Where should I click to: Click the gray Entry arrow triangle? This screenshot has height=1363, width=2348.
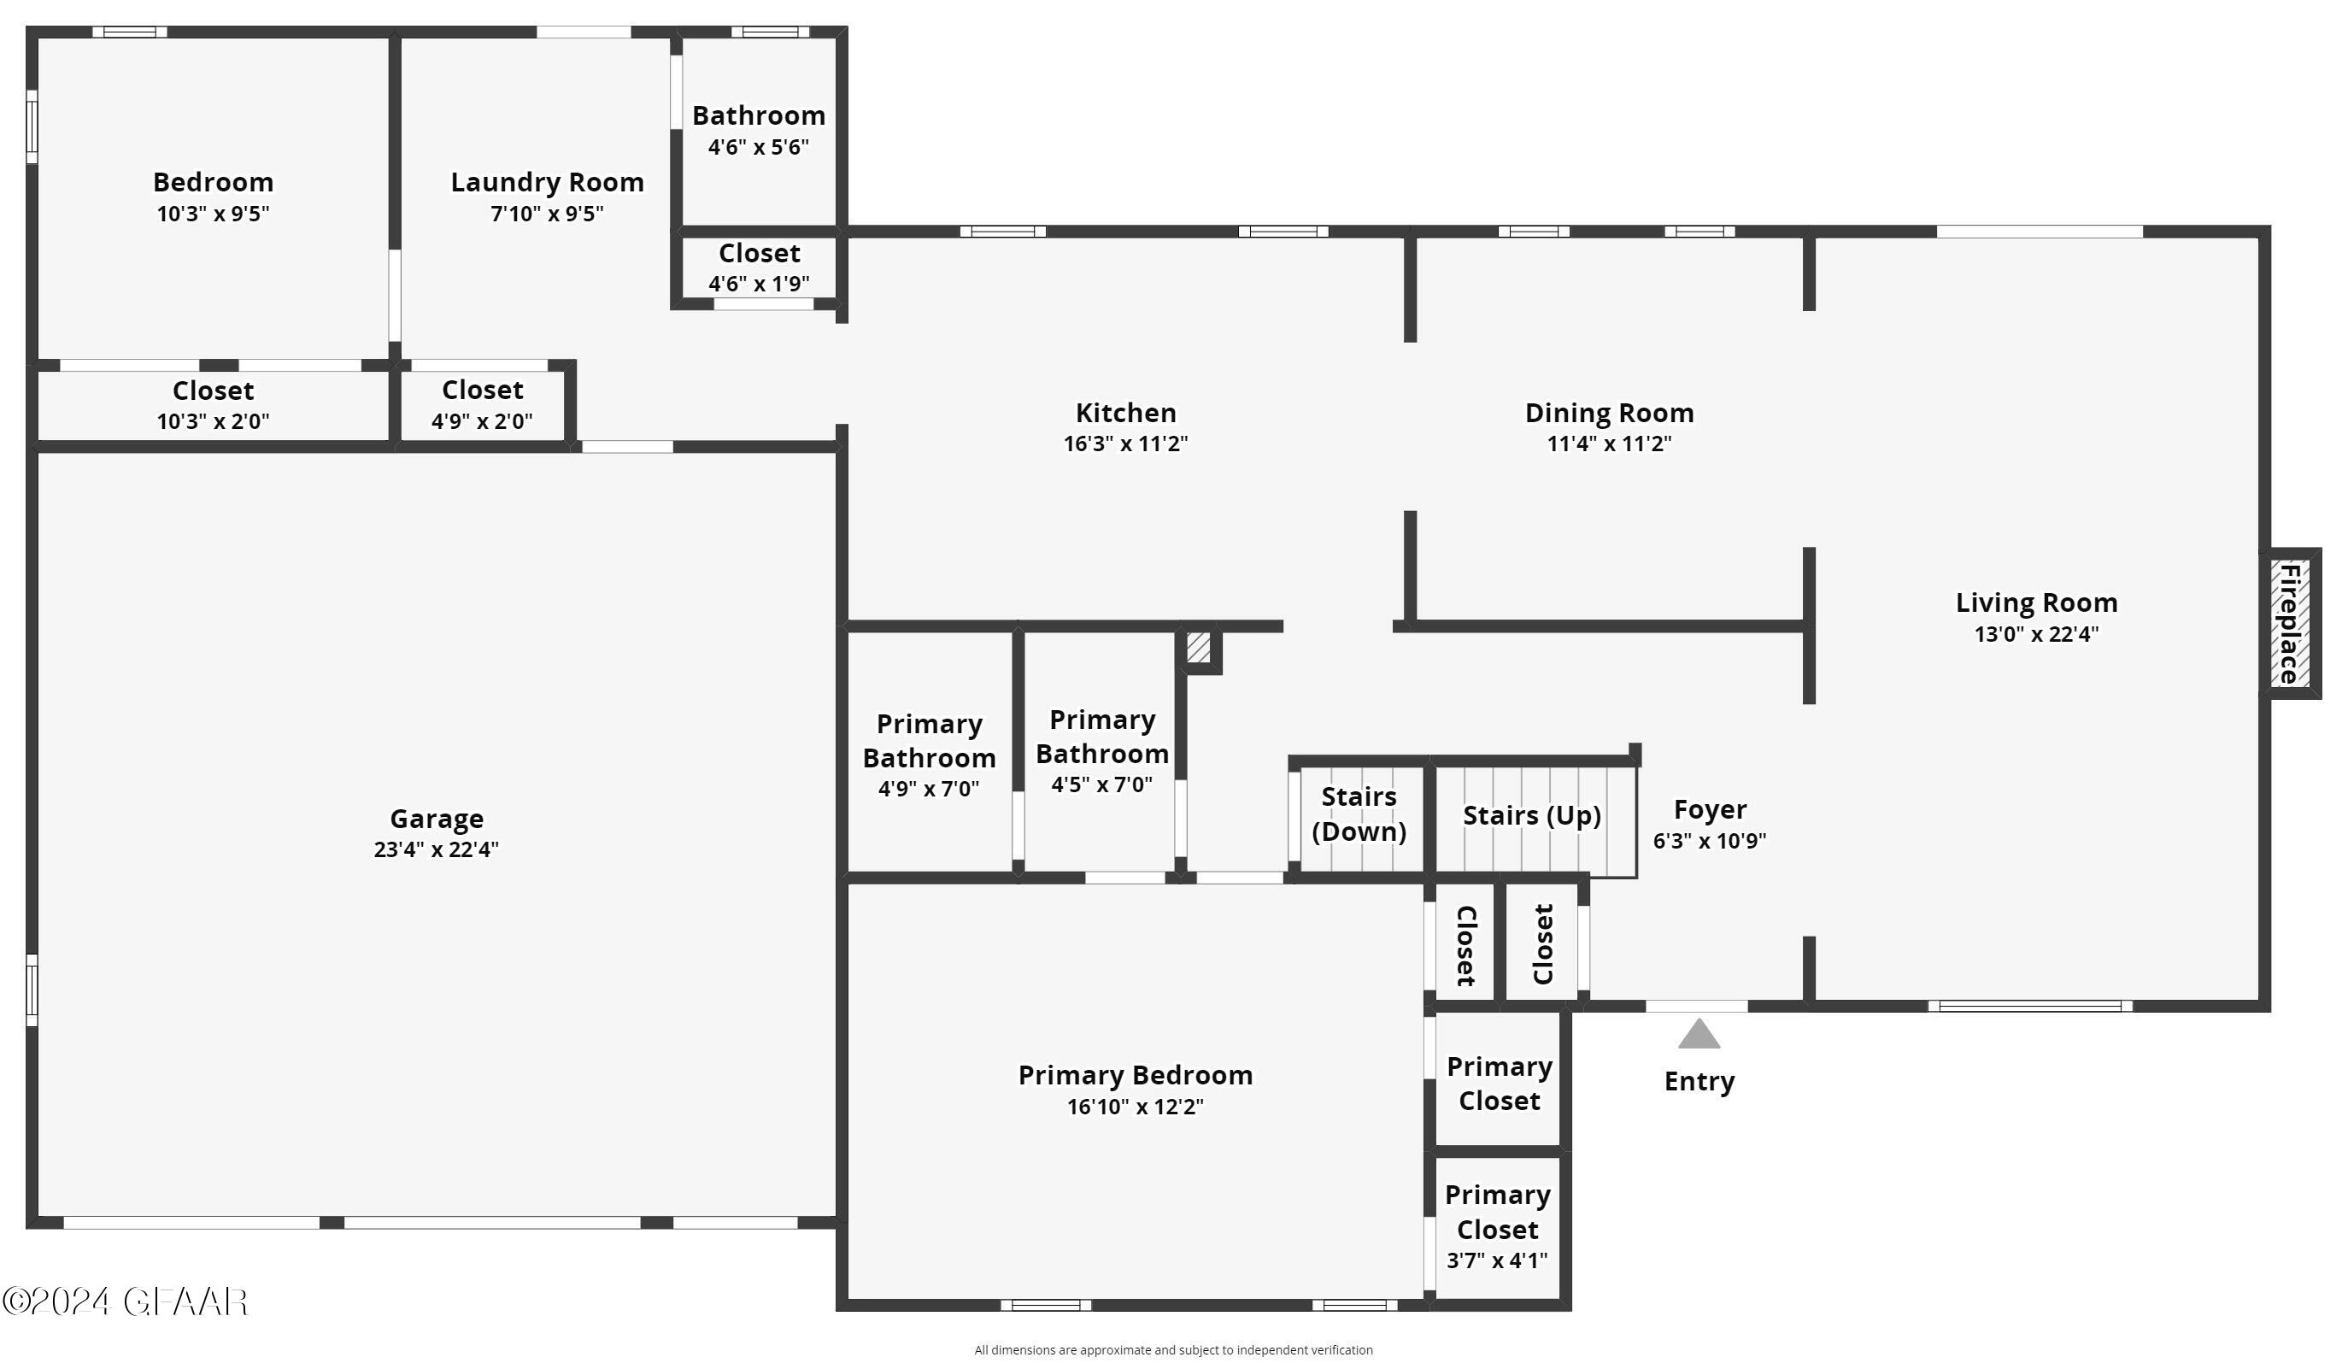click(x=1699, y=1034)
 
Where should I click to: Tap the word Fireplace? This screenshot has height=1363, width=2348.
click(x=2289, y=623)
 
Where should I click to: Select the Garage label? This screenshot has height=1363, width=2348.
click(x=436, y=818)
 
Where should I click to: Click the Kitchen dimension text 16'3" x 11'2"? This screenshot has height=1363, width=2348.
click(x=1125, y=444)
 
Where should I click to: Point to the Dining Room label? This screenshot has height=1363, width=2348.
click(x=1609, y=412)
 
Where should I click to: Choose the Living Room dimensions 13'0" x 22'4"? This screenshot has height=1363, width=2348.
click(x=2036, y=634)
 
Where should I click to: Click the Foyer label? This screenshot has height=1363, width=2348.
click(x=1710, y=808)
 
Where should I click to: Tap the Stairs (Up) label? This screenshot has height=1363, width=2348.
click(x=1532, y=815)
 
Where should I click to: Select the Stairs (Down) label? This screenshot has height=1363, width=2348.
click(x=1359, y=814)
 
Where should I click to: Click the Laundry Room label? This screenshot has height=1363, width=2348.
click(x=547, y=182)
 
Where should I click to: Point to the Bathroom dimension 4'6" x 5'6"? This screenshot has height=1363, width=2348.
click(x=759, y=146)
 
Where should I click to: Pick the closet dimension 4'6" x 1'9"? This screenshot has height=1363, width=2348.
click(x=759, y=283)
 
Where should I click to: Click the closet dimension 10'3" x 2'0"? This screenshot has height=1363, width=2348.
click(x=213, y=421)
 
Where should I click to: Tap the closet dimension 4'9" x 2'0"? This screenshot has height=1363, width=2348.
click(x=482, y=421)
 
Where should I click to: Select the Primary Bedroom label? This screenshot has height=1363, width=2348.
click(x=1135, y=1074)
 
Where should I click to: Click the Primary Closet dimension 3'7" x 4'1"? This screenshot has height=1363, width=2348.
click(x=1496, y=1260)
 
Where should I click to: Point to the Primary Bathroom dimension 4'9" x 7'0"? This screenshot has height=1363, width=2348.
click(x=928, y=789)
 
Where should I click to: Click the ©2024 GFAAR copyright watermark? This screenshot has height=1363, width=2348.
click(x=126, y=1301)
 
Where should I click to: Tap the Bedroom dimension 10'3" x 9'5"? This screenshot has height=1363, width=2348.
click(x=213, y=214)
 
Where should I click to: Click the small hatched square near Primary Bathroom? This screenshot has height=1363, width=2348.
click(x=1198, y=648)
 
